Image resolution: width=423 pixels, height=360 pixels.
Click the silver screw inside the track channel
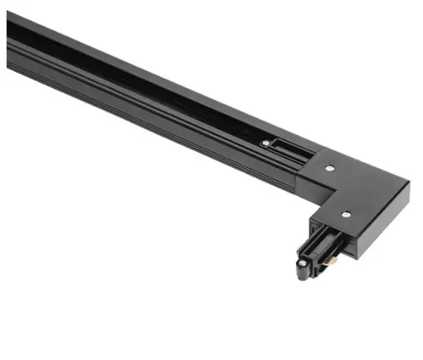click(x=267, y=145)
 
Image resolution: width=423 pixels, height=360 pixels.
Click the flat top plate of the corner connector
click(x=355, y=186)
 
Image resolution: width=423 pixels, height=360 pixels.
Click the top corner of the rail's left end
click(x=8, y=19)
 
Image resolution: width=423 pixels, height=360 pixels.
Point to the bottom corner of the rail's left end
click(x=8, y=68)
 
